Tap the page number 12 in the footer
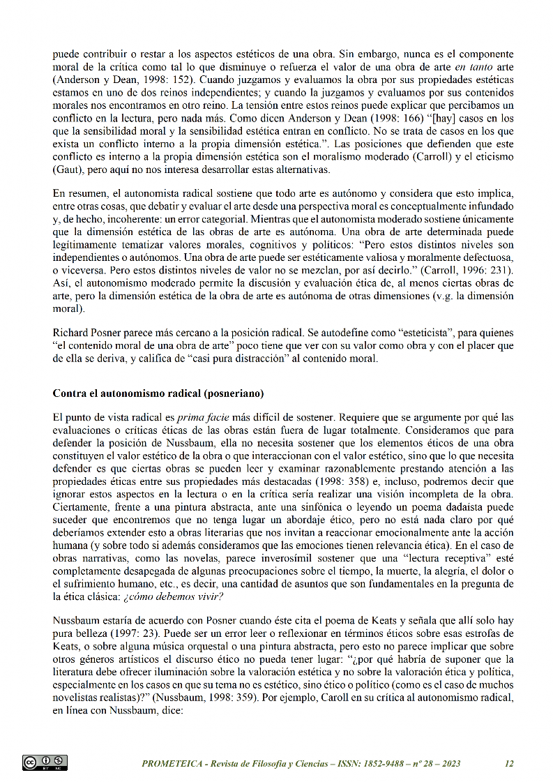[509, 763]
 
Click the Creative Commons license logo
[45, 763]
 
